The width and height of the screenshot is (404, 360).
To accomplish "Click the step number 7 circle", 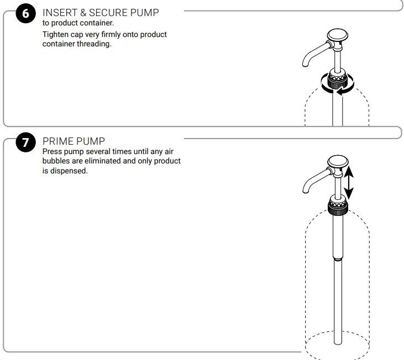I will pyautogui.click(x=25, y=142).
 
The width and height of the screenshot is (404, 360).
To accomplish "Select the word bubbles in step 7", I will pyautogui.click(x=56, y=161).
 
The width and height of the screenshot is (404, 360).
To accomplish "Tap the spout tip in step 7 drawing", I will pyautogui.click(x=303, y=191).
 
